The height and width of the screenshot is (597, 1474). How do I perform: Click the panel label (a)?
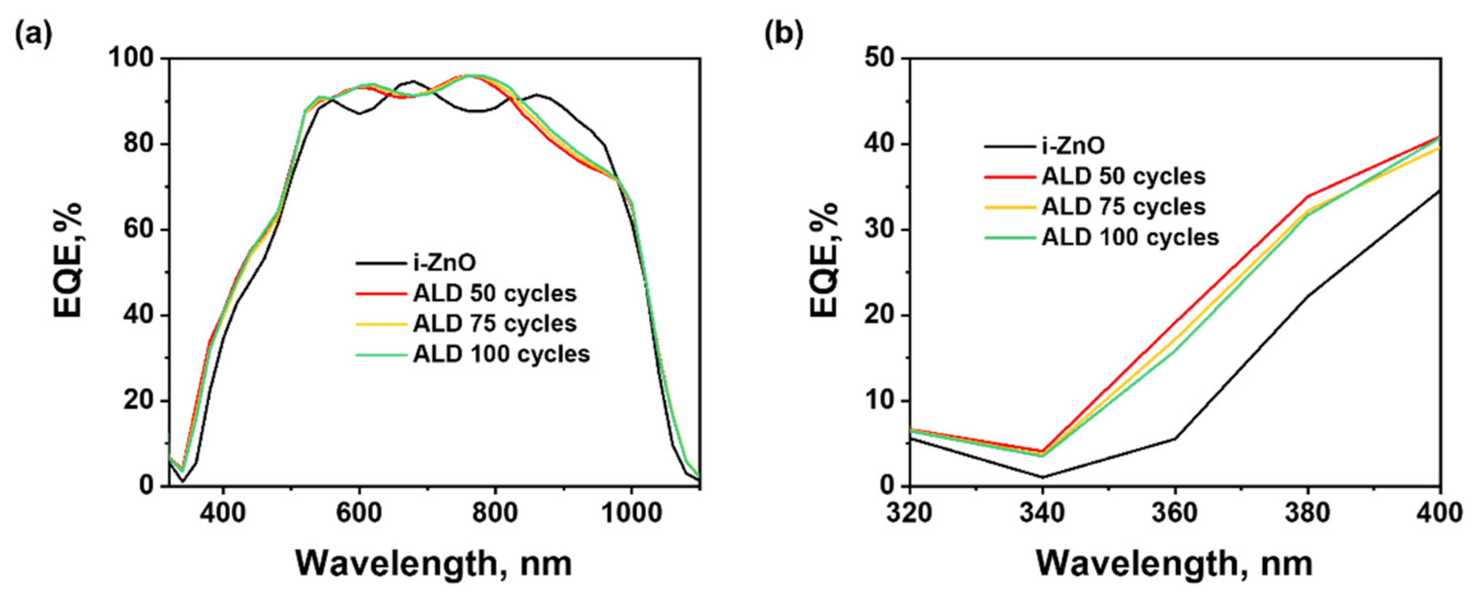coord(33,34)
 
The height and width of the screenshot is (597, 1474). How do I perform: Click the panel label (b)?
coord(784,34)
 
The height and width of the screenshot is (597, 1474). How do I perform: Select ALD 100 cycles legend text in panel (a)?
coord(501,354)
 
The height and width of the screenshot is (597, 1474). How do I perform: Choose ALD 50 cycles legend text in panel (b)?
coord(1123,176)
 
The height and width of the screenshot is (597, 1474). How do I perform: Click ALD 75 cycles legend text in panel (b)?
coord(1123,207)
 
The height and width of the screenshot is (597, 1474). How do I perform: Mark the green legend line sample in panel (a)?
coord(380,354)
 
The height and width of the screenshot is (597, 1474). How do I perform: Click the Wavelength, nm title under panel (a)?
coord(433,564)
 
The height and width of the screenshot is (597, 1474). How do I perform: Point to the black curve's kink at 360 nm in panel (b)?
coord(1175,438)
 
